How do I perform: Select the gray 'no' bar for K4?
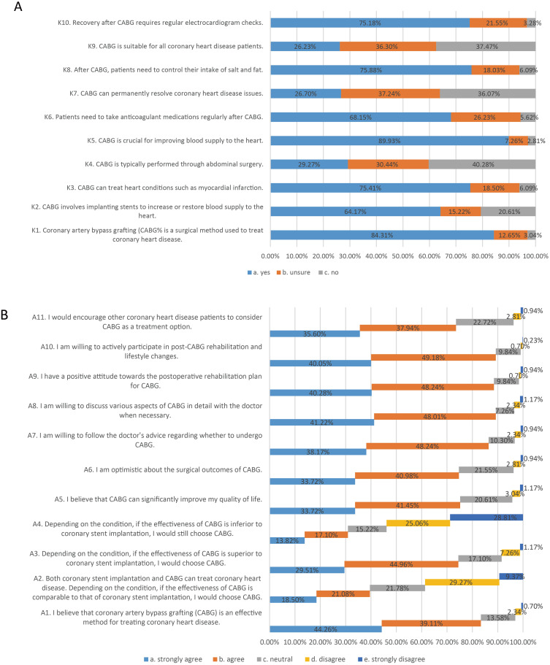[x=482, y=164]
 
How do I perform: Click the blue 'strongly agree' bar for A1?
[x=325, y=629]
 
